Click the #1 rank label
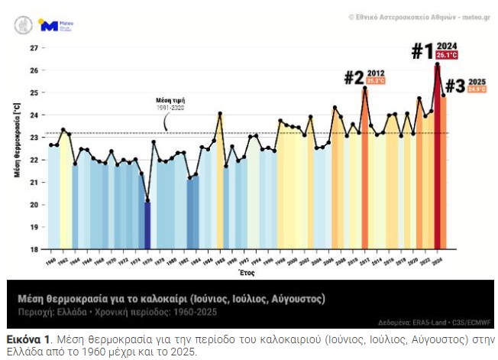coord(424,51)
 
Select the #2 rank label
coord(354,77)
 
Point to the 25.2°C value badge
coord(376,80)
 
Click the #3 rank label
coord(454,86)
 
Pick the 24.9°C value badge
coord(477,89)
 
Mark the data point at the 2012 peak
coord(365,88)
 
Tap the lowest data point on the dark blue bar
coord(147,201)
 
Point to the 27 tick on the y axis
coord(34,47)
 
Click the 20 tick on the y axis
coord(34,205)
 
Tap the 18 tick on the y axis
coord(34,249)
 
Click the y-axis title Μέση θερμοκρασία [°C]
coord(17,142)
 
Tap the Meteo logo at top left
coord(49,26)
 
